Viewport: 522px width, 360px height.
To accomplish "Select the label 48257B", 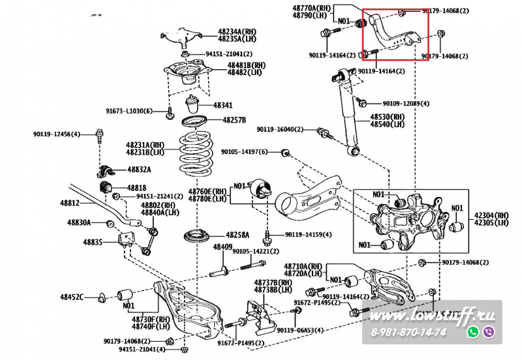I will [234, 120].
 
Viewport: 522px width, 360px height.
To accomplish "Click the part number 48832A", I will [139, 170].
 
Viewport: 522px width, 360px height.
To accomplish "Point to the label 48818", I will [136, 187].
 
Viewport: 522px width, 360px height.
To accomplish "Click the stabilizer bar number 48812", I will [70, 203].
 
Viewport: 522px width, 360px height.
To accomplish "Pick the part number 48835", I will [93, 242].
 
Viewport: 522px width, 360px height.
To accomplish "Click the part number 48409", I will [223, 247].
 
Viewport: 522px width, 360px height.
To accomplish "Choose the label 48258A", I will [238, 234].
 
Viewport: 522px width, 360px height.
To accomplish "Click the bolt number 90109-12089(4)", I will [406, 104].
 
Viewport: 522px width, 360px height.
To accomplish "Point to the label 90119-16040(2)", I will [281, 129].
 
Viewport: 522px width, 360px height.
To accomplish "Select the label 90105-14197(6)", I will [244, 152].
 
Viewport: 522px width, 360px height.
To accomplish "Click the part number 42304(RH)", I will [491, 215].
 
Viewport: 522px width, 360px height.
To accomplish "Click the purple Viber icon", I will [489, 332].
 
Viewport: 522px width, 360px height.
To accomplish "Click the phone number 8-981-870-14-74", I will [408, 333].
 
